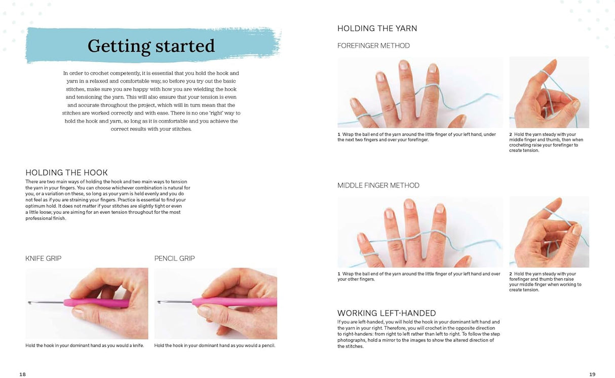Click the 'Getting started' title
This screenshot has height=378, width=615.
(x=151, y=46)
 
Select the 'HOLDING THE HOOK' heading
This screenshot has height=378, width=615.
(x=66, y=172)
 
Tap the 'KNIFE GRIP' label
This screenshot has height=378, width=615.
(x=43, y=258)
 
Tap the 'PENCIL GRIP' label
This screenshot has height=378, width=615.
(x=174, y=258)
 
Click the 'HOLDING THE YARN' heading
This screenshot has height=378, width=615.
(x=377, y=28)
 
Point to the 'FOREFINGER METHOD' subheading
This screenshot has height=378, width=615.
(x=373, y=46)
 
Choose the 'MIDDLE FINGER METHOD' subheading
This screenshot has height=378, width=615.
(x=378, y=185)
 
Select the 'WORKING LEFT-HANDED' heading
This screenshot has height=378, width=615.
(x=387, y=313)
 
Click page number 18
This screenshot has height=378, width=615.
(x=22, y=374)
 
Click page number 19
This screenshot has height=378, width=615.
(x=592, y=374)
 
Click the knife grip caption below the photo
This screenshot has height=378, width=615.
(x=85, y=346)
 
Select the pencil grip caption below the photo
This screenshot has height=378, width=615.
(x=215, y=346)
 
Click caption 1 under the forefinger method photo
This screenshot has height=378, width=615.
(x=416, y=137)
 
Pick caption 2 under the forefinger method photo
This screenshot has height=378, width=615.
(x=546, y=142)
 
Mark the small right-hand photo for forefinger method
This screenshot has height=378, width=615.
(x=549, y=92)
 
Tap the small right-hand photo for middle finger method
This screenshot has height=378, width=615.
(x=549, y=232)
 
